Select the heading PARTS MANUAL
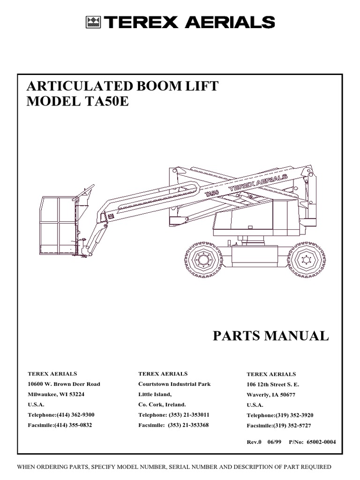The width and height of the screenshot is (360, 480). pyautogui.click(x=271, y=336)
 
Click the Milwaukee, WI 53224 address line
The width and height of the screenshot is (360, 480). pyautogui.click(x=56, y=394)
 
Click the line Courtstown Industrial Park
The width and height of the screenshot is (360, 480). pyautogui.click(x=174, y=384)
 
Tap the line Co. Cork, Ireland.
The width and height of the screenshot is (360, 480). pyautogui.click(x=162, y=404)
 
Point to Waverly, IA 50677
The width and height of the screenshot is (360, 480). pyautogui.click(x=271, y=395)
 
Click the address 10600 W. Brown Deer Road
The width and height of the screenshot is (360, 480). pyautogui.click(x=64, y=384)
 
